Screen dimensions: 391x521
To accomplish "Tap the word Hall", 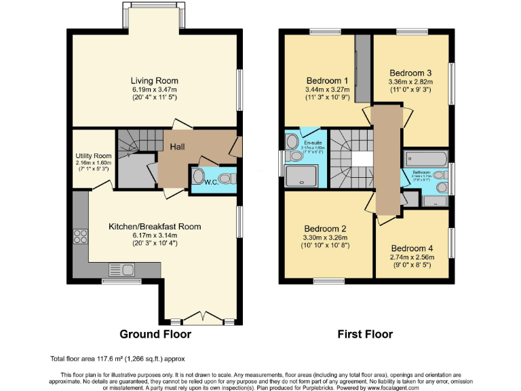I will coord(177,147).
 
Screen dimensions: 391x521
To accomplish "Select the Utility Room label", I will coord(93,156).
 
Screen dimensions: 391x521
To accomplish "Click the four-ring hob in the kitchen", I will coord(80,237).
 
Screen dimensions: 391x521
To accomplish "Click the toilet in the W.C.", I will coord(227,179).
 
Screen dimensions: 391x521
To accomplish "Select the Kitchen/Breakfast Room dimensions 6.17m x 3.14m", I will coord(155,236).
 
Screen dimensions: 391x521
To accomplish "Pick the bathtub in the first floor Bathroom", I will coord(424,160).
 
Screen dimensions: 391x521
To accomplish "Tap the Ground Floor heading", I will coord(155,334).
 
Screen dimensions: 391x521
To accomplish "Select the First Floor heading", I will coord(365,334).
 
